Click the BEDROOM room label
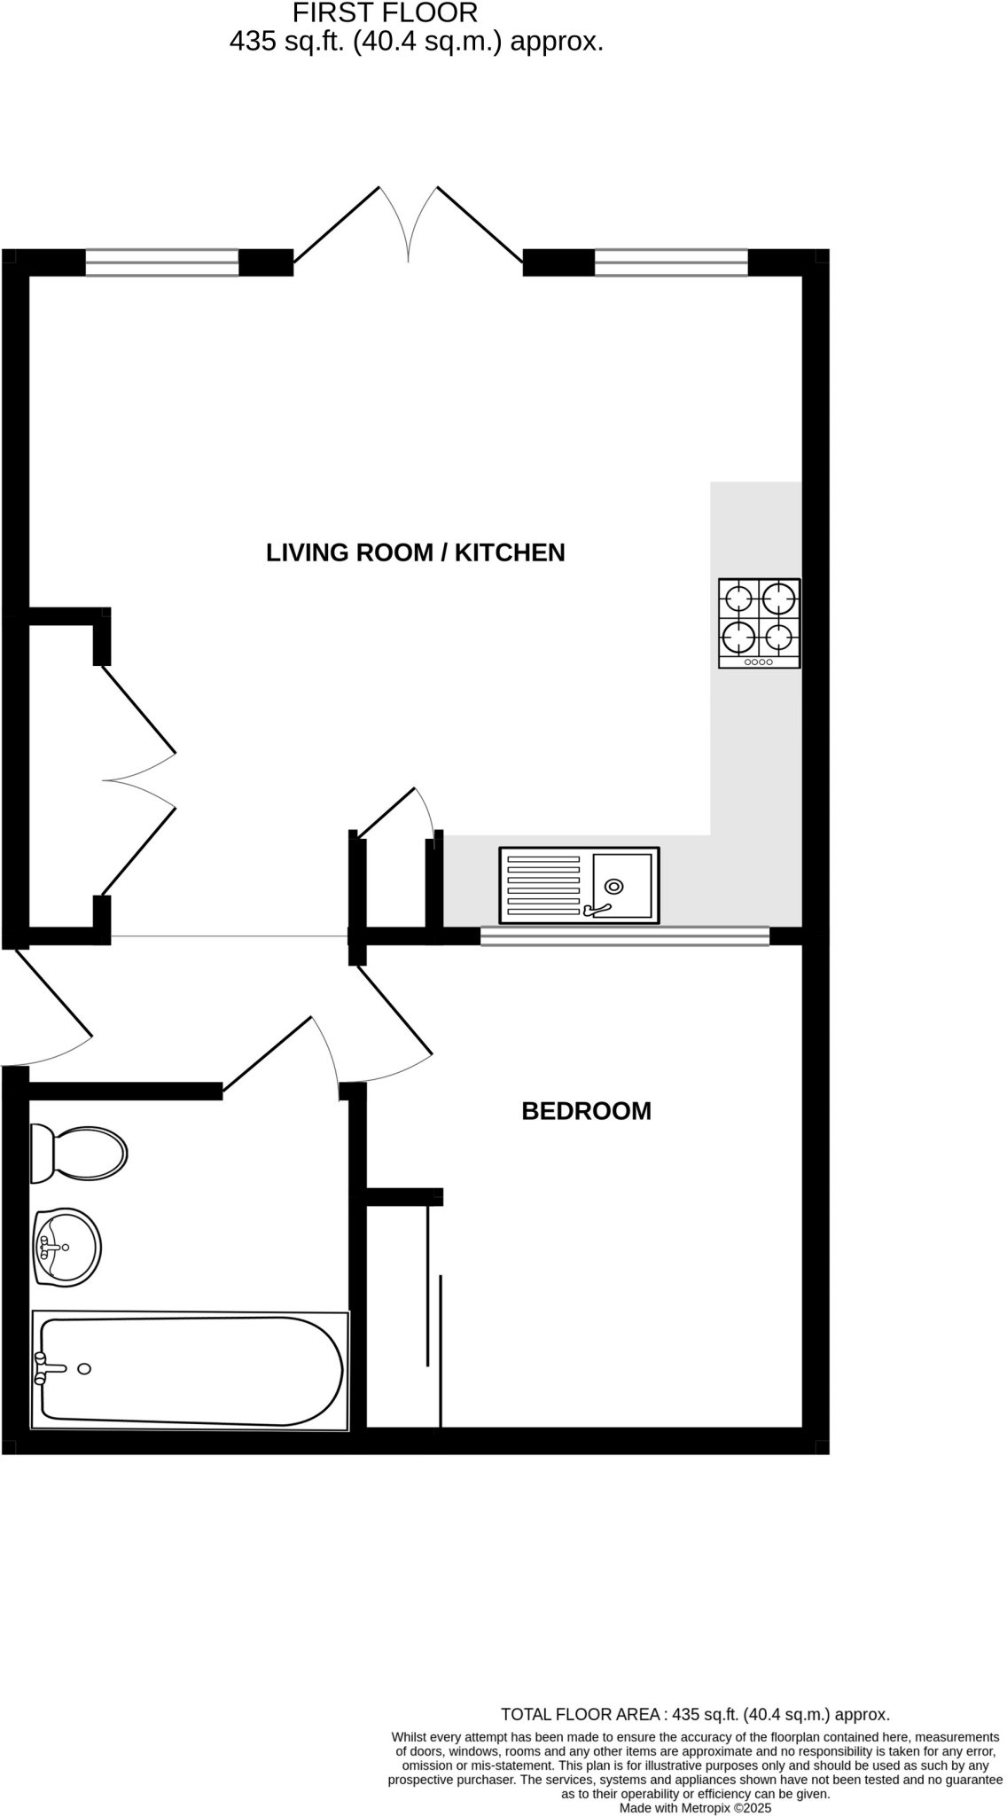click(x=586, y=1111)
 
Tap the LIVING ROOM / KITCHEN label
click(x=415, y=552)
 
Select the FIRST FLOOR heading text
click(x=385, y=12)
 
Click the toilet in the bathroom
click(x=78, y=1154)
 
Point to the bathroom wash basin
click(x=67, y=1247)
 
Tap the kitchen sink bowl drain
click(x=613, y=886)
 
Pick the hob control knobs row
click(x=759, y=661)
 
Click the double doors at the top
click(x=408, y=225)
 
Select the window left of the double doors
click(x=162, y=262)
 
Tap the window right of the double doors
click(x=671, y=262)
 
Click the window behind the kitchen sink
click(x=624, y=936)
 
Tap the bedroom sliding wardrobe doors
click(x=434, y=1312)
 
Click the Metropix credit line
click(x=695, y=1807)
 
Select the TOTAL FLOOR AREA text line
click(x=695, y=1714)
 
